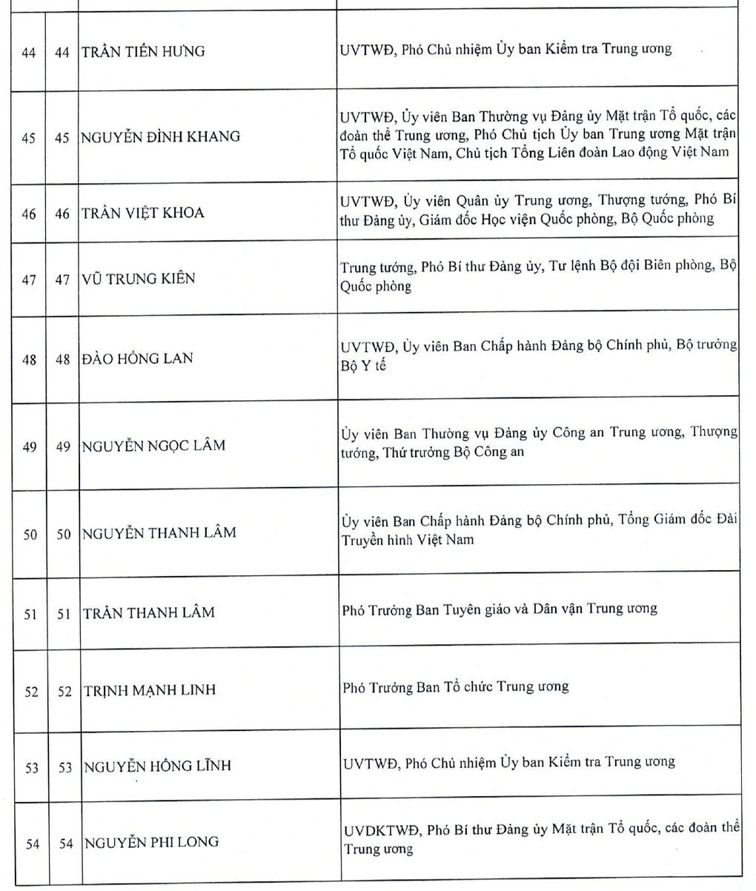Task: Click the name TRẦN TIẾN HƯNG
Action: (144, 52)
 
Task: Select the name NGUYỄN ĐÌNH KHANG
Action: (161, 136)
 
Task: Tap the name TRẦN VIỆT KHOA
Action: (143, 213)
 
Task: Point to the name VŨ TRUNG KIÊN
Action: (139, 279)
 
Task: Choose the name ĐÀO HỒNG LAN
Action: (138, 359)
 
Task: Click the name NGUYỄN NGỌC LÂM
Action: (153, 446)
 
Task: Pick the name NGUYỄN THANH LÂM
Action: (159, 533)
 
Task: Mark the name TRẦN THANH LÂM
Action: (149, 612)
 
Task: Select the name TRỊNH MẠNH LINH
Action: (149, 690)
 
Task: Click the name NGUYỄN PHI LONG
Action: (151, 842)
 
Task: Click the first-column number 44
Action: (29, 52)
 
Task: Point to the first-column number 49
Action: (30, 447)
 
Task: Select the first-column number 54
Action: (30, 843)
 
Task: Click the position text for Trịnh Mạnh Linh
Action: (455, 686)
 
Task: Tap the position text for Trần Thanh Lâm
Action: (500, 609)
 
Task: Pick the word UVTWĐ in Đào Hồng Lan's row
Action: (368, 346)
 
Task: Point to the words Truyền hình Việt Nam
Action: (407, 540)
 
